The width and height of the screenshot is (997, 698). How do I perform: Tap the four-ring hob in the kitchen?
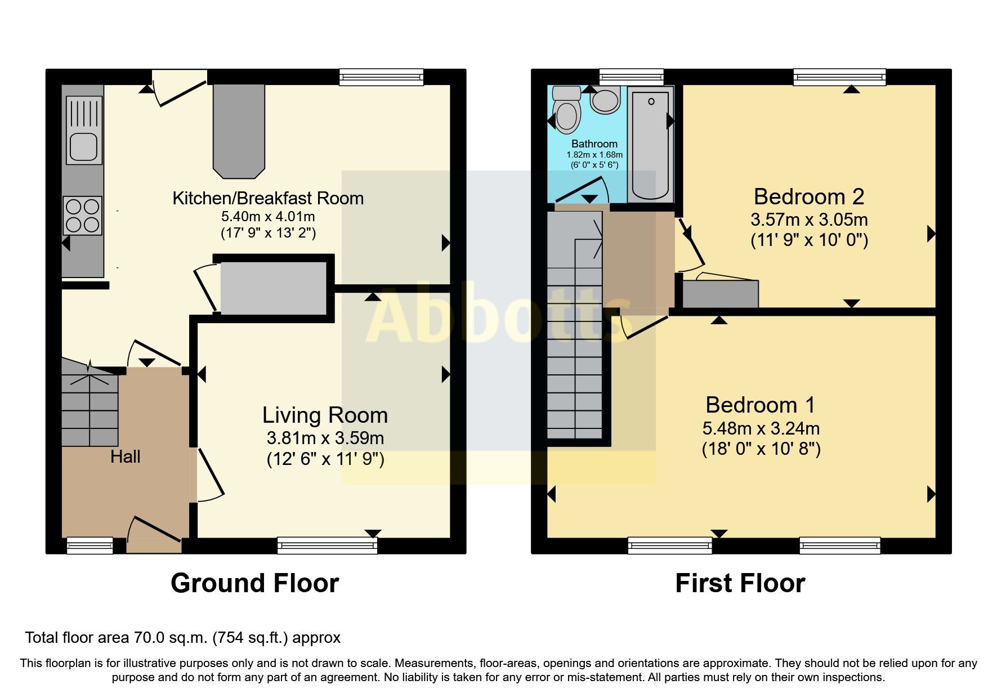point(83,216)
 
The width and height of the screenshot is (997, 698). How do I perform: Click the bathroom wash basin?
point(605,101)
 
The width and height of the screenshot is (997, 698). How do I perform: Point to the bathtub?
point(650,144)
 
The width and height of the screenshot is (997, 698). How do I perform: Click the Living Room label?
point(325,415)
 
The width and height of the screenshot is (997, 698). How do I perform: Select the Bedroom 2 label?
point(808,197)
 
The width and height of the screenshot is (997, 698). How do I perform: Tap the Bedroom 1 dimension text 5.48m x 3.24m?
point(761,429)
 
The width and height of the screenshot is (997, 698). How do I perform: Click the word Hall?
point(125,457)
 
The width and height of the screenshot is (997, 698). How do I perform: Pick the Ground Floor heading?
point(254,583)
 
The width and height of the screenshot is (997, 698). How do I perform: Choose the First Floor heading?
point(740,583)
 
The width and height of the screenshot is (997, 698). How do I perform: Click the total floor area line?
point(182,638)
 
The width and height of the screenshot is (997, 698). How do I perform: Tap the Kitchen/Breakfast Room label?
point(267,198)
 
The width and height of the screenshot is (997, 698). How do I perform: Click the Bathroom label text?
point(594,144)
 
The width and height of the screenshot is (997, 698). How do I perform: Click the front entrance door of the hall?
point(154,535)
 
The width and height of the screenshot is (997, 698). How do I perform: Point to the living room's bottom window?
point(327,545)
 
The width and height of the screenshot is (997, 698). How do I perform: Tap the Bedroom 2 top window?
point(839,77)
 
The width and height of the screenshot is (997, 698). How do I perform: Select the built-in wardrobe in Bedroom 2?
point(720,294)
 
